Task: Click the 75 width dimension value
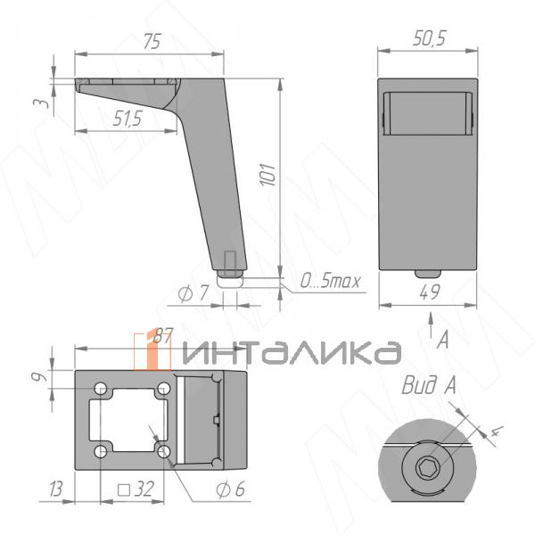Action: (x=152, y=42)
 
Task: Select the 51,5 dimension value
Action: (x=128, y=119)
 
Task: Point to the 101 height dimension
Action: (x=267, y=175)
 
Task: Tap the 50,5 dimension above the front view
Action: (x=429, y=37)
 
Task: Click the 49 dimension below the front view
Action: (x=430, y=292)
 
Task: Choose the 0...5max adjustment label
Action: (x=330, y=281)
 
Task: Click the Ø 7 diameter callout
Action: (x=193, y=293)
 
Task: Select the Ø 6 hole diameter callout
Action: (x=230, y=490)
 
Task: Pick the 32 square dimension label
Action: (x=136, y=490)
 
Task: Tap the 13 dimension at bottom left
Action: (x=56, y=490)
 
